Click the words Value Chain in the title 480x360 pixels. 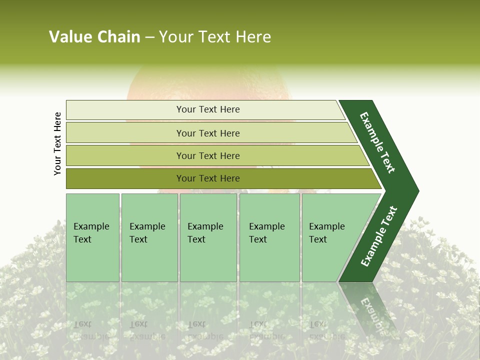[x=94, y=37]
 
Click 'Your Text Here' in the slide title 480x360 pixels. [x=215, y=37]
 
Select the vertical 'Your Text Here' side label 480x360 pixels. [x=57, y=143]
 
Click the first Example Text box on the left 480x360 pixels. [x=92, y=237]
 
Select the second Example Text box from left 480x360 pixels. [x=149, y=237]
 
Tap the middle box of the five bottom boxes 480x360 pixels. [x=208, y=237]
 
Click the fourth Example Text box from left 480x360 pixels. [x=269, y=237]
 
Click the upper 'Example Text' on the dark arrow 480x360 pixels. [x=377, y=142]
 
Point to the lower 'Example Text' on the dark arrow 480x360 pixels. [x=379, y=236]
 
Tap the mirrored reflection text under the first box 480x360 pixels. [x=91, y=330]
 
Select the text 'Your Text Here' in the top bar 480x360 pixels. [x=208, y=109]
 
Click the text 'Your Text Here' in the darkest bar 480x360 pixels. [x=208, y=178]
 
